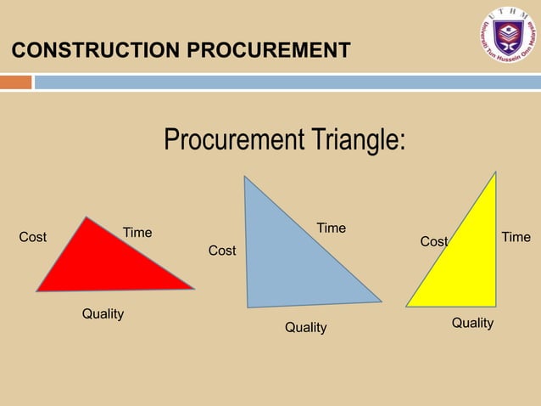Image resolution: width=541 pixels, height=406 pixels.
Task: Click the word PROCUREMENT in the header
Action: click(x=268, y=51)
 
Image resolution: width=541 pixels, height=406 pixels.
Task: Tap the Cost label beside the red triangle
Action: click(x=33, y=237)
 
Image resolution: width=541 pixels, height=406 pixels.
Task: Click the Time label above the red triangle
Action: click(x=137, y=233)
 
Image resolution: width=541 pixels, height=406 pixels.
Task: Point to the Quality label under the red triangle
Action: click(x=103, y=314)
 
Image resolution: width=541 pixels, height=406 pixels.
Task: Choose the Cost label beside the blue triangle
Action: click(x=222, y=251)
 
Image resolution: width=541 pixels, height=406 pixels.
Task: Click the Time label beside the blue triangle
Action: click(x=331, y=228)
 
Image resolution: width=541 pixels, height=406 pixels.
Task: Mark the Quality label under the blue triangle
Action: click(x=305, y=328)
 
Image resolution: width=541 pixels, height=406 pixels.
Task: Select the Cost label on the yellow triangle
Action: click(x=433, y=242)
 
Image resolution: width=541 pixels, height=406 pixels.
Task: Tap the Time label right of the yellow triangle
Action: click(x=516, y=237)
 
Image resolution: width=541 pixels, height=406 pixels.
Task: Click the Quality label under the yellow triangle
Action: click(x=472, y=323)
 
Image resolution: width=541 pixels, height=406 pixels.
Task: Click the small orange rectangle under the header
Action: click(x=15, y=82)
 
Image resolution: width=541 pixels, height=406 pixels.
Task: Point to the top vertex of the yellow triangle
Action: click(x=495, y=174)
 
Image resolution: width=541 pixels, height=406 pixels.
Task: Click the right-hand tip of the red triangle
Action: click(x=192, y=288)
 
